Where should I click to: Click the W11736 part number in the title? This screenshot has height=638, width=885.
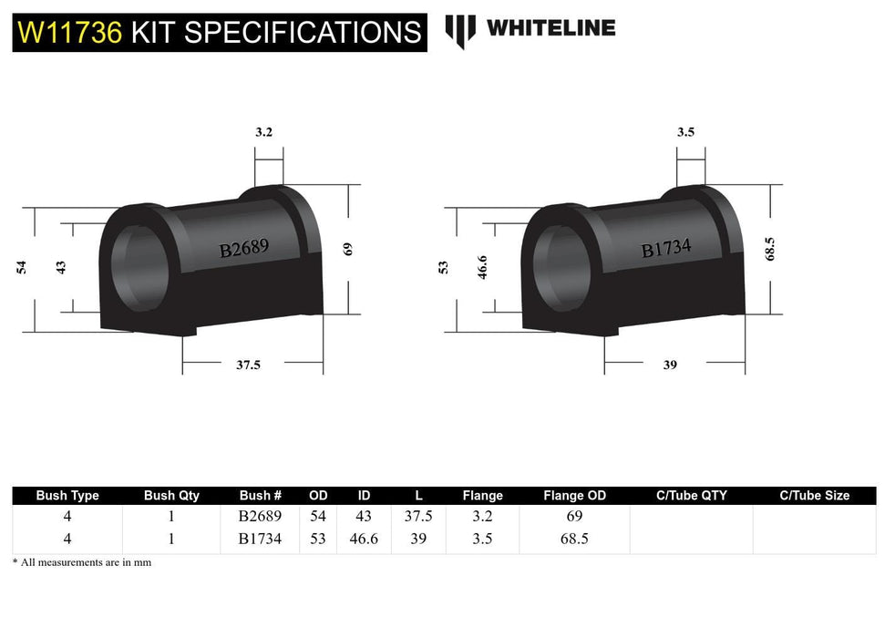(x=69, y=33)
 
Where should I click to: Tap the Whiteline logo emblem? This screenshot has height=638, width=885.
(x=460, y=30)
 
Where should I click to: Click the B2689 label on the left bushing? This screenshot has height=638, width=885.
(x=243, y=249)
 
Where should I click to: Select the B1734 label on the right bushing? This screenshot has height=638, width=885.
(x=666, y=248)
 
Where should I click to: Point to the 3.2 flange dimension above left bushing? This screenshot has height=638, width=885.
(x=263, y=131)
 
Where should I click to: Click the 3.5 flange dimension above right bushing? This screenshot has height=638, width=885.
(x=685, y=131)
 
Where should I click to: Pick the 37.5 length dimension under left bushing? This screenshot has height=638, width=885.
(x=248, y=365)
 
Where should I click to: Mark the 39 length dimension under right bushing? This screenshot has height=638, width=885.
(x=670, y=365)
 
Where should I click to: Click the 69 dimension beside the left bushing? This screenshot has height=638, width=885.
(x=347, y=248)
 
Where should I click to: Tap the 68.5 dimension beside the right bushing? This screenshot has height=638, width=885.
(x=770, y=247)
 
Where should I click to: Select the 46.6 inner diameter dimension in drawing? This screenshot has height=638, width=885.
(x=483, y=267)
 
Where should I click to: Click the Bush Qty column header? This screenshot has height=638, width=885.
(x=171, y=496)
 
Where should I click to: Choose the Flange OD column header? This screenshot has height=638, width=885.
(x=574, y=496)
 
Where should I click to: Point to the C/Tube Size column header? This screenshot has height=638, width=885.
(x=814, y=496)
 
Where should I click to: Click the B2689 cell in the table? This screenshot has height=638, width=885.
(x=260, y=517)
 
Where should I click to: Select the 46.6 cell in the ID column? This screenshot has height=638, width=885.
(x=364, y=539)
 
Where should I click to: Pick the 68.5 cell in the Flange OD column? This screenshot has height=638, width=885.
(x=574, y=539)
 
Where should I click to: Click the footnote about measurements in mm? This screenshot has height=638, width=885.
(x=82, y=562)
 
